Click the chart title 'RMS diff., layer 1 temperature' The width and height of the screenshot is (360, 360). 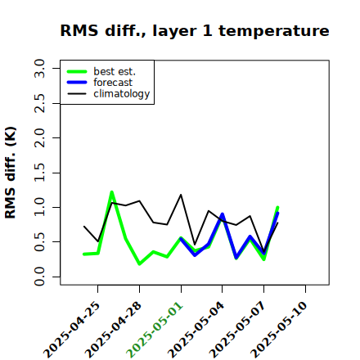click(195, 30)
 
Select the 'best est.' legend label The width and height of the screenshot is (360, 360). click(115, 71)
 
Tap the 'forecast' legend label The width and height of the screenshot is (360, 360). click(113, 83)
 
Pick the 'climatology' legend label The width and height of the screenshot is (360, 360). click(122, 94)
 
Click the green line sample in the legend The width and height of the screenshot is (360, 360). click(77, 72)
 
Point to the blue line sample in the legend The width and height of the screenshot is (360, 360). click(77, 83)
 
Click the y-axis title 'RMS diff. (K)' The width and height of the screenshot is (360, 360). click(11, 173)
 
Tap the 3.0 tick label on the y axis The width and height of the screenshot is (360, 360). click(39, 68)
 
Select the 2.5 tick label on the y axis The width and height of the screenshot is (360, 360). click(39, 103)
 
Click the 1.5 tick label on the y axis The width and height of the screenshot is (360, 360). click(39, 173)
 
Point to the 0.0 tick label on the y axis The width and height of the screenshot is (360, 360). click(39, 277)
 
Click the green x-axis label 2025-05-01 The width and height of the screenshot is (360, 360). click(155, 330)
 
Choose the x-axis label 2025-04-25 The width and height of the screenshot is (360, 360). click(72, 330)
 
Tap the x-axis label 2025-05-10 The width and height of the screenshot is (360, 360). click(279, 330)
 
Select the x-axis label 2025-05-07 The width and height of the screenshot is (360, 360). click(237, 330)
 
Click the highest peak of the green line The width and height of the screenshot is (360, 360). click(111, 192)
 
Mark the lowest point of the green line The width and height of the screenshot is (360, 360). click(139, 264)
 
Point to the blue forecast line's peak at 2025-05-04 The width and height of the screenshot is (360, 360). click(223, 214)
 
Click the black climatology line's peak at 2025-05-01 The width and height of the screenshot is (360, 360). click(181, 195)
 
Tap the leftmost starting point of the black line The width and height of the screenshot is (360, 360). click(84, 227)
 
